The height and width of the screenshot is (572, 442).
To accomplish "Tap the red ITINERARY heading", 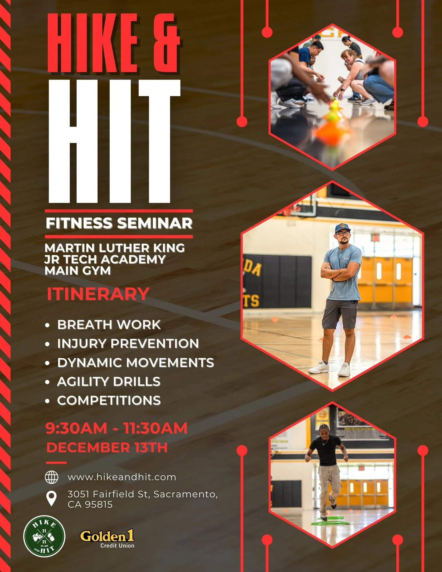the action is [98, 294].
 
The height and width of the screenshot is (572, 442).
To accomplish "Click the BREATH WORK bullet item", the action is [109, 325].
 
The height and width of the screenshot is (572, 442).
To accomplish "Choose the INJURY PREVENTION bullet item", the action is [128, 343].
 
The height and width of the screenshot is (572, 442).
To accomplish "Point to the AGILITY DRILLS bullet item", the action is [109, 382].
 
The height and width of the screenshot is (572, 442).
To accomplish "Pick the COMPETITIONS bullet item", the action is [109, 400].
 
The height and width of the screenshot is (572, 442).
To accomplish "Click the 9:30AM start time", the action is [76, 428].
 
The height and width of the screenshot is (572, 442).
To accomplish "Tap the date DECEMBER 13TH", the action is [107, 448].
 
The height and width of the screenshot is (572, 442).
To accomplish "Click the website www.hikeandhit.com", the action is [122, 477].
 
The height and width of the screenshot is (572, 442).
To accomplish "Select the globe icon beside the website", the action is [52, 477].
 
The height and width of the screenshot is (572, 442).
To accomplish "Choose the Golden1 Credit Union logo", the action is [107, 539].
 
